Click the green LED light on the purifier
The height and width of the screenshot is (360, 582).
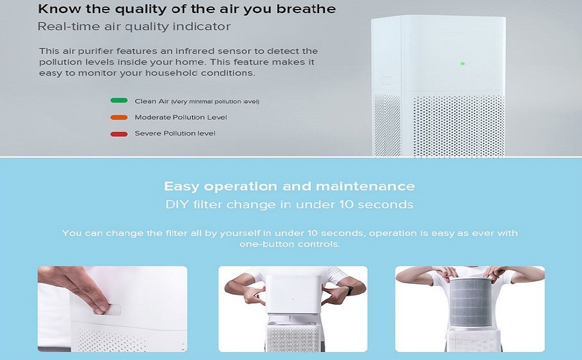coord(463,64)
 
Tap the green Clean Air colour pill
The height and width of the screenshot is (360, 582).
coord(119,100)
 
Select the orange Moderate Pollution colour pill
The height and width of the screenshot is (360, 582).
coord(119,117)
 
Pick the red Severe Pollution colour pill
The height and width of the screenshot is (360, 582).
coord(119,134)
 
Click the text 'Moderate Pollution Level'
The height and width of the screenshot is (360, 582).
coord(181,117)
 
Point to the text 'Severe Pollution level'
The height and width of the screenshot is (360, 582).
coord(175,133)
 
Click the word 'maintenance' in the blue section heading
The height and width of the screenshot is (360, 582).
coord(365,186)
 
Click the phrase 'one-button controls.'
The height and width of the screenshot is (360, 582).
coord(290,244)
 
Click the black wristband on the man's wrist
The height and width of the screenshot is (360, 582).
coord(350,290)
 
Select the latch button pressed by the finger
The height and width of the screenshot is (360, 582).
coord(112,309)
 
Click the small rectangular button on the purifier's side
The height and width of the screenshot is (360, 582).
coord(386,80)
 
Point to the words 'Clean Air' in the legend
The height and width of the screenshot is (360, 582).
coord(152,101)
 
